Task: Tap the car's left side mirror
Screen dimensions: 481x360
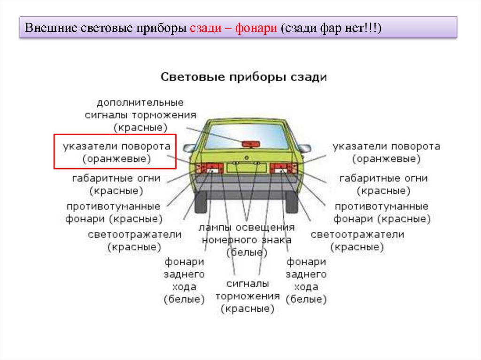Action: (189, 148)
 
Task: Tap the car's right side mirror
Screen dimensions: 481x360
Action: (304, 148)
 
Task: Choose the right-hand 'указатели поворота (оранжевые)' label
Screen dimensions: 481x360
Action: (386, 153)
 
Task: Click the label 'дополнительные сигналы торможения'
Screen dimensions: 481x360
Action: (140, 115)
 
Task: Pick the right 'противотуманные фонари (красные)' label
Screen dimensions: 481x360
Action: (381, 213)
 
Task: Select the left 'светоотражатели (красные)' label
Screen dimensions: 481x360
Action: (134, 240)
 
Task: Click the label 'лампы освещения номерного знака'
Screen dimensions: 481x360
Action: (247, 239)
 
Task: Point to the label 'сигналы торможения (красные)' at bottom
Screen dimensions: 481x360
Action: (248, 296)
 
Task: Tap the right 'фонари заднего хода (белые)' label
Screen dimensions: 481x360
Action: (306, 280)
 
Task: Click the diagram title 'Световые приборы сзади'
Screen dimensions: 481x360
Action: (243, 77)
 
